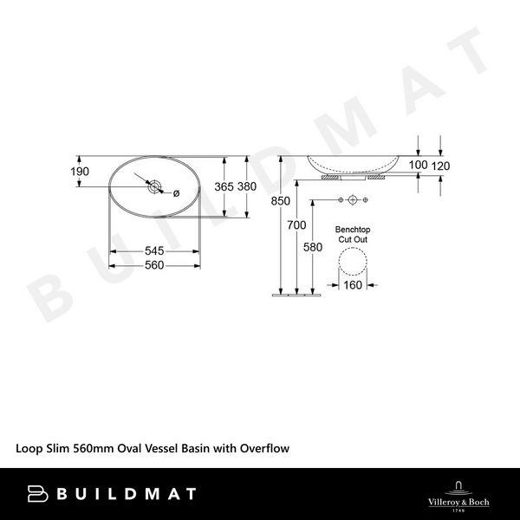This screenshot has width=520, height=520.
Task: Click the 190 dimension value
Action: tap(80, 172)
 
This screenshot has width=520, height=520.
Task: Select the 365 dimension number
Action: tap(224, 186)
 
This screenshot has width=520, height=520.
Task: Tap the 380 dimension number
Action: tap(247, 186)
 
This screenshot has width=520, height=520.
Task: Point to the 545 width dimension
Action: tap(154, 250)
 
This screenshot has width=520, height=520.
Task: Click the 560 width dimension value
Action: tap(154, 265)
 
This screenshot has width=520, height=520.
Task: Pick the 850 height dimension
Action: tap(280, 201)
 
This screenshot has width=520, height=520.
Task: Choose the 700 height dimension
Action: tap(296, 225)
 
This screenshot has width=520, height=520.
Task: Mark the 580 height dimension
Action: tap(313, 247)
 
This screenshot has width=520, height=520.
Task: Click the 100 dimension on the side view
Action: tap(418, 165)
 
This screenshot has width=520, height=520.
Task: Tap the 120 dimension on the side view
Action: tap(440, 166)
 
